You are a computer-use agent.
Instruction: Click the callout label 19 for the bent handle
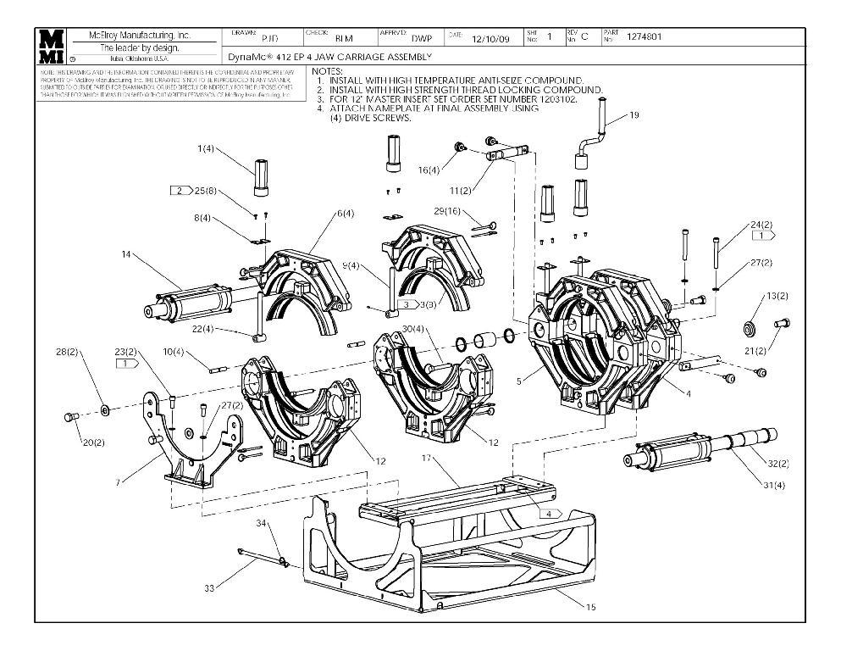pos(634,115)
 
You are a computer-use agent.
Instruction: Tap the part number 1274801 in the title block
pos(645,36)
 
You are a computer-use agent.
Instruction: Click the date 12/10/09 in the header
pos(491,38)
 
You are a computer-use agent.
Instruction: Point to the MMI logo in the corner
pos(53,46)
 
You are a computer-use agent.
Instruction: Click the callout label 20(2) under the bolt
pos(93,442)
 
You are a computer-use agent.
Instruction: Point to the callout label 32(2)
pos(778,463)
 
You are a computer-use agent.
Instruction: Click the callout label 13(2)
pos(777,296)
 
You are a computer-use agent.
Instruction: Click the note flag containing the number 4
pos(551,514)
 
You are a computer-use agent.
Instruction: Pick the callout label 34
pos(263,522)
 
